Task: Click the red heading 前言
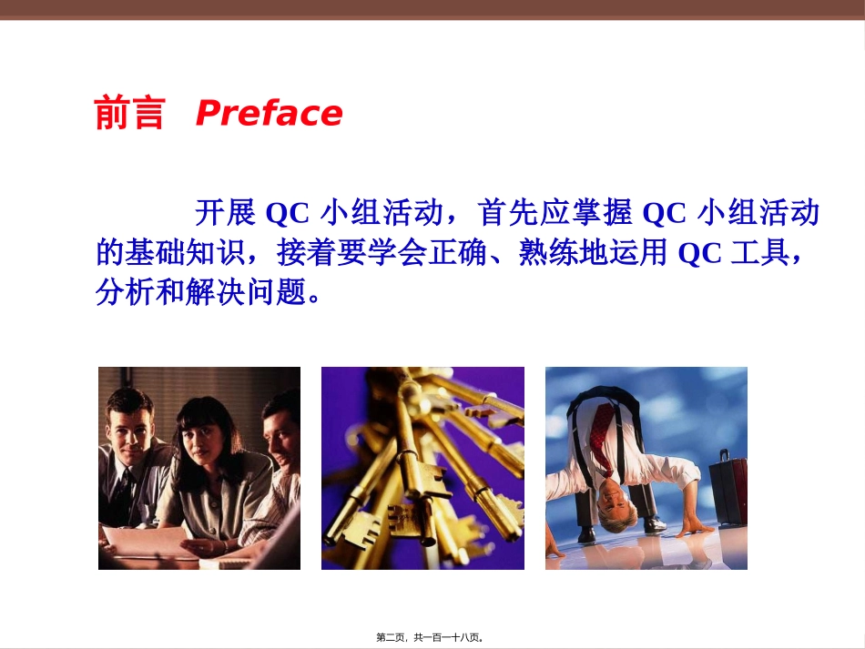[129, 115]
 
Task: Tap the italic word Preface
[269, 114]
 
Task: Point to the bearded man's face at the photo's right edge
[281, 428]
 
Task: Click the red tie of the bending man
[601, 428]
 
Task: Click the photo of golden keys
[422, 468]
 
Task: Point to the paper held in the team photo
[146, 542]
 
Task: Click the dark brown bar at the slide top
[432, 9]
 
